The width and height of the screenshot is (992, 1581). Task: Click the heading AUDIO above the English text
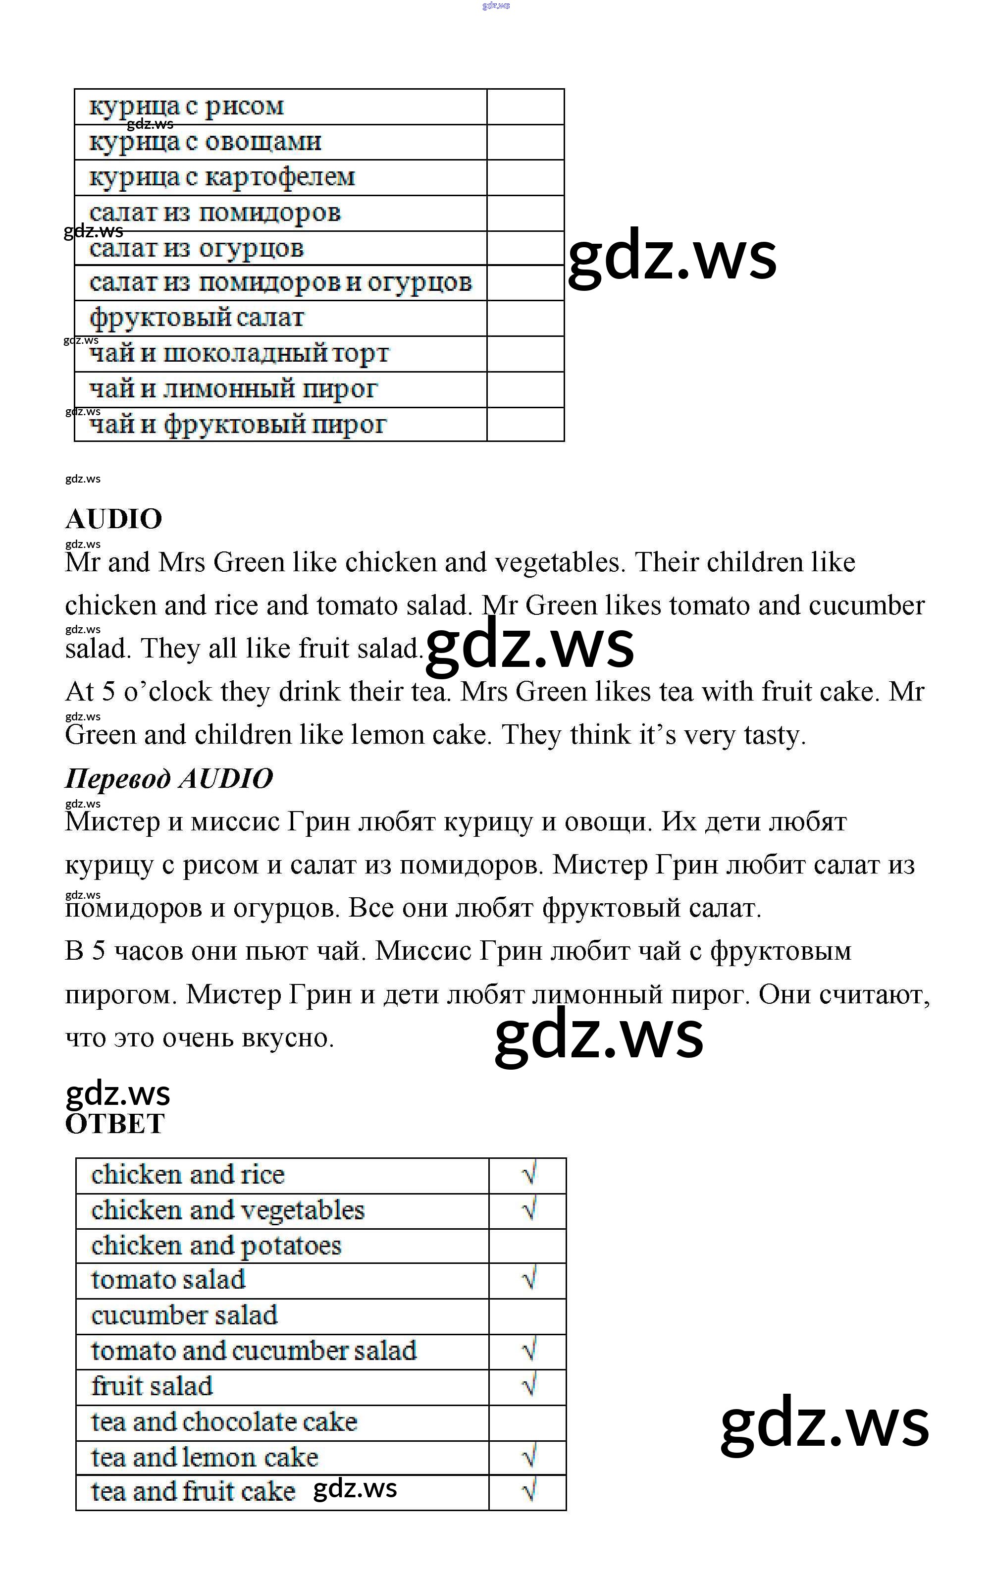tap(113, 519)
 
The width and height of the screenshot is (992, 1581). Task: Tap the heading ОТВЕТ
tap(115, 1124)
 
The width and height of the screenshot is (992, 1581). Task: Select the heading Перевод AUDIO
tap(168, 778)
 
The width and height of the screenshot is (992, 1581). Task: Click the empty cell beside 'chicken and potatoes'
tap(527, 1245)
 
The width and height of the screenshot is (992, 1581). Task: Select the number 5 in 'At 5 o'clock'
tap(109, 692)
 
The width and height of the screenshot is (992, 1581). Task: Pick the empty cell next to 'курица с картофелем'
tap(525, 177)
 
